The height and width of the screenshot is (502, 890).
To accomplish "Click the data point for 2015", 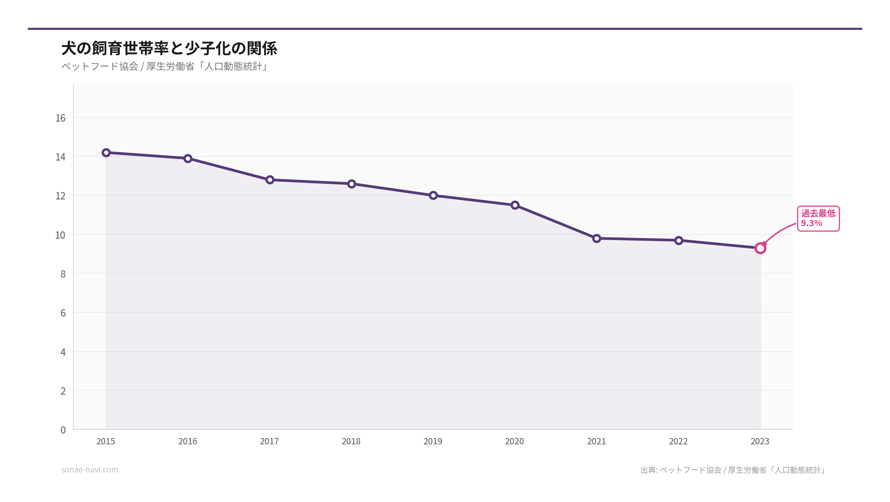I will (x=106, y=153).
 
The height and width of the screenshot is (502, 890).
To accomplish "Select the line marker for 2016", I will (x=188, y=158).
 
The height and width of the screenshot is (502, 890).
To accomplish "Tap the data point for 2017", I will (x=270, y=180).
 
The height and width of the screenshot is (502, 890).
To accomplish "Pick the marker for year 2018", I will (x=351, y=184).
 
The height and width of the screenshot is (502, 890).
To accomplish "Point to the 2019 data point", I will (x=433, y=195).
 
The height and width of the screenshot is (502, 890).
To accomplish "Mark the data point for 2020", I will (x=515, y=205).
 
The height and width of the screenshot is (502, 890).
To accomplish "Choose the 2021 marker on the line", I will (x=597, y=238).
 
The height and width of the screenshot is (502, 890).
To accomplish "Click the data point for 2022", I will (x=679, y=240).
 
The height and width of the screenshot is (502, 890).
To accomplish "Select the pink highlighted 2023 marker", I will (x=760, y=248).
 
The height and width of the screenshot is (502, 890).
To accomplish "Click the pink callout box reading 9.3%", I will (x=818, y=219).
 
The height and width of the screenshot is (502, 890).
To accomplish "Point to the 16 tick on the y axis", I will (x=60, y=118).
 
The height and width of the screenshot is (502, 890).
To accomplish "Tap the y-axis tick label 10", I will (x=60, y=235).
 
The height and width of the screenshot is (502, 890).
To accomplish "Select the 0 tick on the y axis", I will (x=63, y=430).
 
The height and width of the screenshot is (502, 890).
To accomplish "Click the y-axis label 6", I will (x=63, y=313).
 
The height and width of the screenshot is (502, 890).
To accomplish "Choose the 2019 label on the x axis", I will (x=433, y=441).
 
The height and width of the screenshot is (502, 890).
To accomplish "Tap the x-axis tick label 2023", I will (x=760, y=441).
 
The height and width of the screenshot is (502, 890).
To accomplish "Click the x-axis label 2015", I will (x=106, y=441).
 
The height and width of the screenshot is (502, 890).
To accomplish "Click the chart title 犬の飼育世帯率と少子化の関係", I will (x=169, y=48).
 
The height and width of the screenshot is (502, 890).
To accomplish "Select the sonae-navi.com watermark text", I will (x=90, y=470).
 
